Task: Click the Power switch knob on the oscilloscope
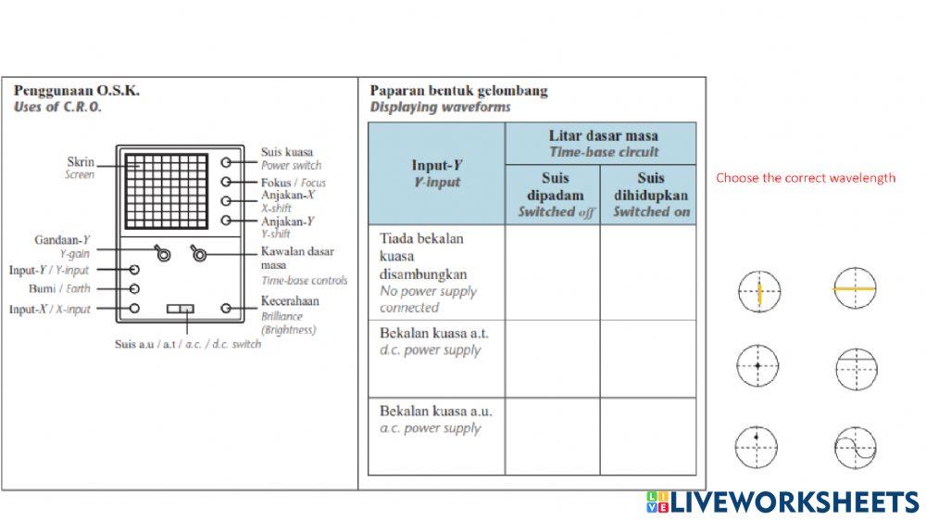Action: [x=227, y=161]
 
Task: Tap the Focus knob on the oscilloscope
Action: [x=227, y=181]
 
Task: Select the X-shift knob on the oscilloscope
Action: [x=227, y=200]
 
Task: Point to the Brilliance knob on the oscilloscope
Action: [x=227, y=308]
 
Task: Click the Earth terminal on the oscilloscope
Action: [x=134, y=288]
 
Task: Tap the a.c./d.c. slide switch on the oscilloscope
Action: [x=181, y=309]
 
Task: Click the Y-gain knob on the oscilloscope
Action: [x=163, y=252]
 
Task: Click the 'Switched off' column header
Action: [x=553, y=195]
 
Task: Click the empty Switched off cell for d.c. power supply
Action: [x=553, y=358]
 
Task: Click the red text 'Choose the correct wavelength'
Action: [x=806, y=178]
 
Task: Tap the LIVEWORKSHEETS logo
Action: [x=782, y=502]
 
